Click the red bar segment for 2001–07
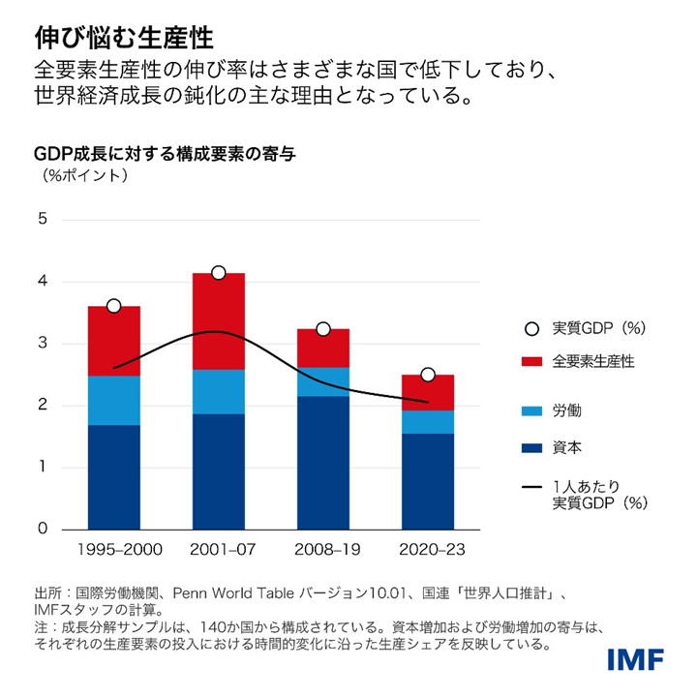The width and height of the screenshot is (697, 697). (x=218, y=320)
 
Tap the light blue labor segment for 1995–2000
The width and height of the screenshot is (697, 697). (x=114, y=400)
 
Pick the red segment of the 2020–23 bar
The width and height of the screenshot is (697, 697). (x=428, y=392)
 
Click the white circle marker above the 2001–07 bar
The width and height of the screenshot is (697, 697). (x=218, y=273)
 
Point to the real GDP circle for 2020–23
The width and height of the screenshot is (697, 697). (x=428, y=375)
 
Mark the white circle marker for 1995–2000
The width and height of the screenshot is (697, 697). (x=114, y=306)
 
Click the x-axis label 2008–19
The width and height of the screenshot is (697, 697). (x=322, y=550)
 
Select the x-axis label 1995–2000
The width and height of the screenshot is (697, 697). (x=114, y=550)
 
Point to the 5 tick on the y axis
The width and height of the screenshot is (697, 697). (x=42, y=219)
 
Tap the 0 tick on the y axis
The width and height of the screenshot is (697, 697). (x=42, y=530)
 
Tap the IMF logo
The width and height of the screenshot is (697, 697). (x=635, y=660)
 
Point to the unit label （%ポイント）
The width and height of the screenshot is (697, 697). (x=84, y=176)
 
